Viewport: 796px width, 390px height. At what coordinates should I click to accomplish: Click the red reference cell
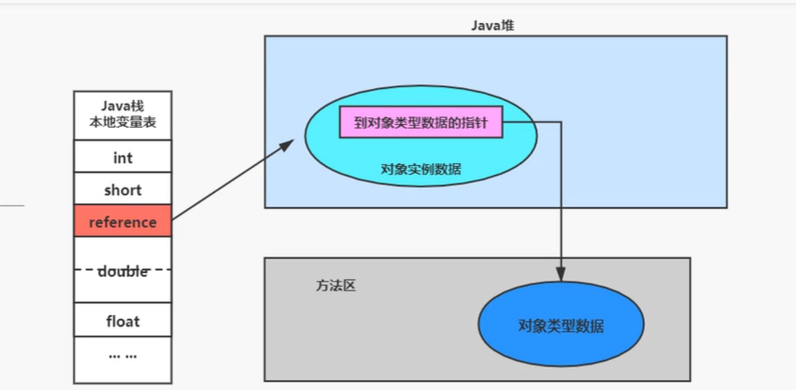122,221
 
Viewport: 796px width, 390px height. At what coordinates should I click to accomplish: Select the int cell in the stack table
122,157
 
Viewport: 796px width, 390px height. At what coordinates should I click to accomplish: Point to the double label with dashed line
122,271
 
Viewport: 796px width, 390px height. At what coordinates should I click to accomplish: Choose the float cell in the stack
122,321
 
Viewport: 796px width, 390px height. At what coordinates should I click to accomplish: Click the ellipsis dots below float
122,355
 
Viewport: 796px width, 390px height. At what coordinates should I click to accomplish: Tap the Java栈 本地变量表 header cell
122,115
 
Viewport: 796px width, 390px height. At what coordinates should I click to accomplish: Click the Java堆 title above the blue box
493,26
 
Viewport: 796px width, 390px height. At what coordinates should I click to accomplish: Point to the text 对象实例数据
421,170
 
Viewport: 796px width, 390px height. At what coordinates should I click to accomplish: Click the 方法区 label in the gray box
335,286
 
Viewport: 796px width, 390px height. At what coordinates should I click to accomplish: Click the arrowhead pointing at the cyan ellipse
288,144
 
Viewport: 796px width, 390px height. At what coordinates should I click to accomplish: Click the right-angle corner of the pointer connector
561,122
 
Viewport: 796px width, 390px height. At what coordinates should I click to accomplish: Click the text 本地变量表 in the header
122,122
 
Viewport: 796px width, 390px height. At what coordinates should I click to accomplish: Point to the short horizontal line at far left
12,205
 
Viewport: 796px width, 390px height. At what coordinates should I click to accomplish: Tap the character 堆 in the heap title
507,26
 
